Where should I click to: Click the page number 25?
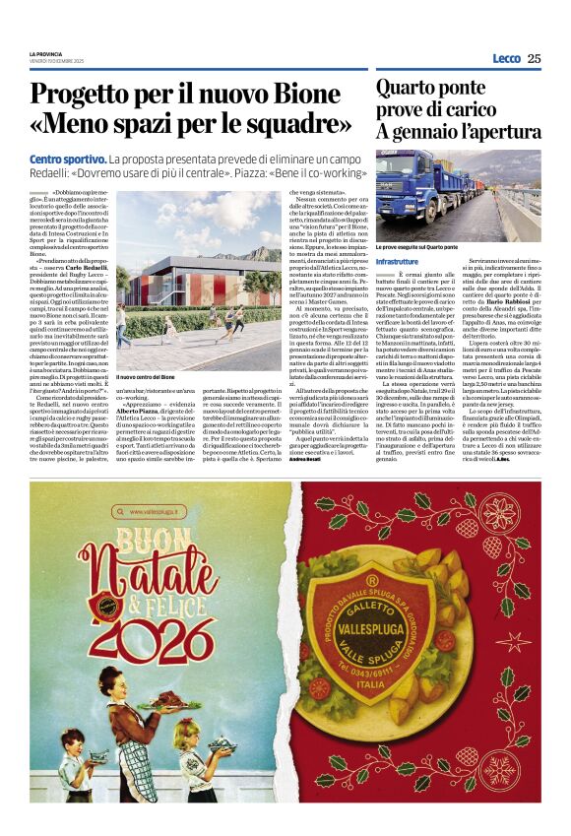pyautogui.click(x=534, y=59)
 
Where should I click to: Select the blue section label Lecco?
pyautogui.click(x=506, y=59)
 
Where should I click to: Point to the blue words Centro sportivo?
pyautogui.click(x=67, y=160)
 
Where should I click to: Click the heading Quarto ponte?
pyautogui.click(x=431, y=88)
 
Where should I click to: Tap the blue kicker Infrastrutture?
pyautogui.click(x=397, y=262)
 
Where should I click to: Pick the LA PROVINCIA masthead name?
pyautogui.click(x=47, y=53)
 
